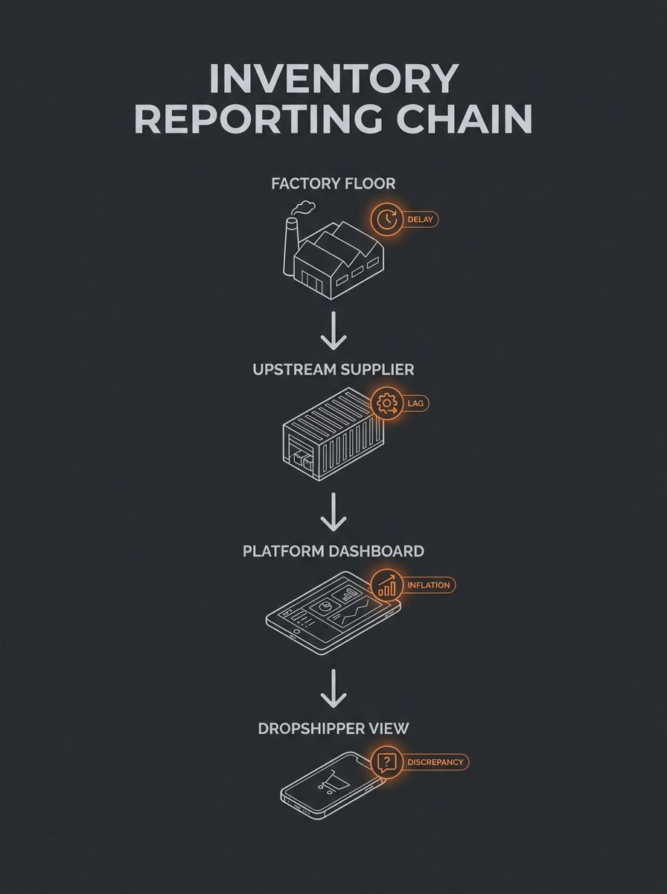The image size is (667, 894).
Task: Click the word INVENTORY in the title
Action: click(333, 78)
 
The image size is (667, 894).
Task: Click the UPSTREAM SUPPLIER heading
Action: click(333, 370)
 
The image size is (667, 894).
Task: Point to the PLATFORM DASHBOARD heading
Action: click(333, 551)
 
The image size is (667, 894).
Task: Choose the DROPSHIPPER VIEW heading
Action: click(333, 729)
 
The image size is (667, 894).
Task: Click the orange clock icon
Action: click(386, 219)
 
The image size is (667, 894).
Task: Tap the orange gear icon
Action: click(386, 403)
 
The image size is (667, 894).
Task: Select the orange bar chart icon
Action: click(386, 585)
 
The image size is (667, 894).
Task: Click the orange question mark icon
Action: click(386, 761)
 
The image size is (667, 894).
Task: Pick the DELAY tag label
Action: click(420, 220)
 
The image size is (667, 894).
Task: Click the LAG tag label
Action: click(415, 403)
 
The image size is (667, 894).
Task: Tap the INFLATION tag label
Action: click(429, 585)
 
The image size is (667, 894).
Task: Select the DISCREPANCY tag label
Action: click(435, 762)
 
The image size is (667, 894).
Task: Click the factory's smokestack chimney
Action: click(290, 246)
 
